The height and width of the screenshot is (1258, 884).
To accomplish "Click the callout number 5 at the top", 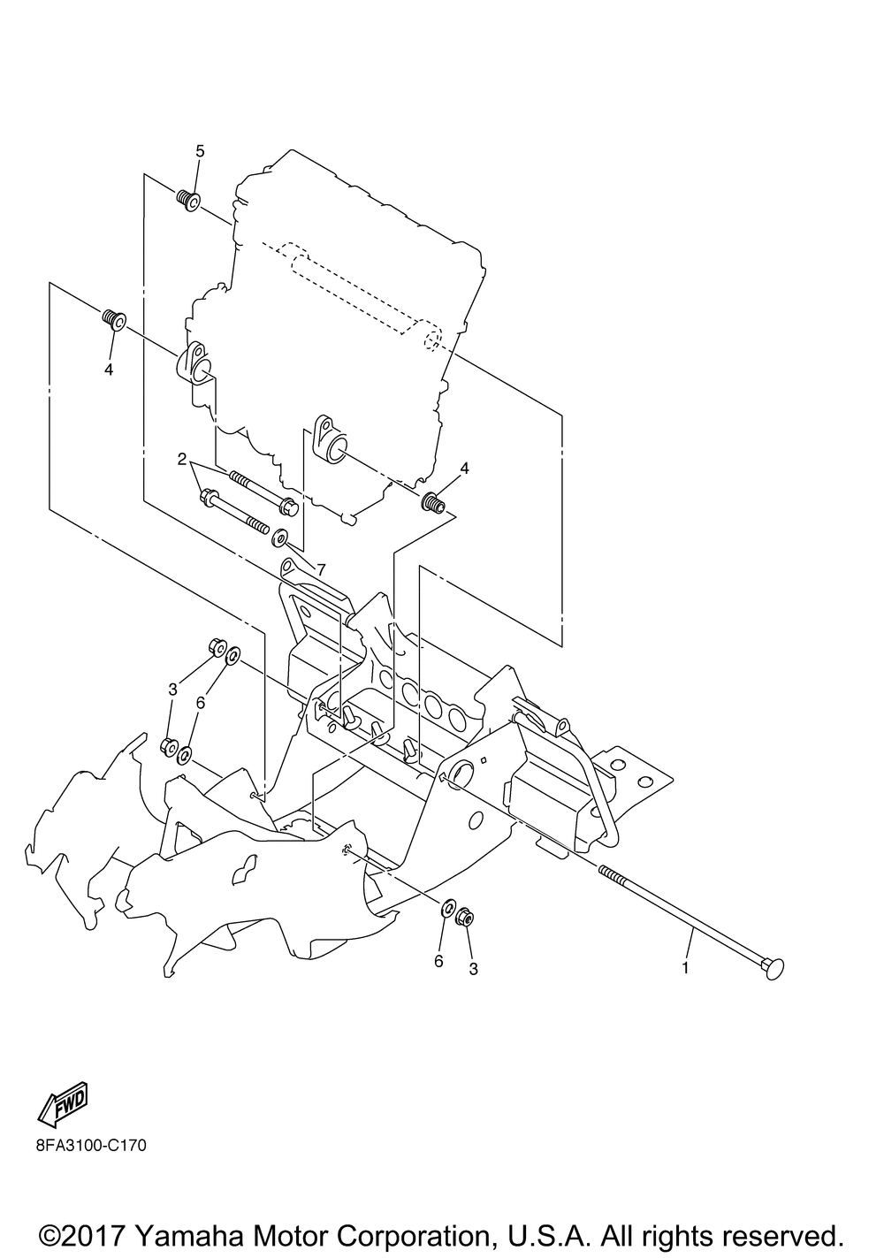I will point(200,151).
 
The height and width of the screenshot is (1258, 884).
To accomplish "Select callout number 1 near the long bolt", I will point(684,968).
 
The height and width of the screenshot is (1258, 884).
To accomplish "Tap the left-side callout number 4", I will point(109,370).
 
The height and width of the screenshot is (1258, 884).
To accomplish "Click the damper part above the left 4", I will point(114,317).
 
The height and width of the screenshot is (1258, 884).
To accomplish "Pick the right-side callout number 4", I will point(463,468).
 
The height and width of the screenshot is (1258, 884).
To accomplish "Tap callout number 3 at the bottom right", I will point(473,969).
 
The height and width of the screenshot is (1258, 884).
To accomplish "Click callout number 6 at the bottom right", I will point(438,961).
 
